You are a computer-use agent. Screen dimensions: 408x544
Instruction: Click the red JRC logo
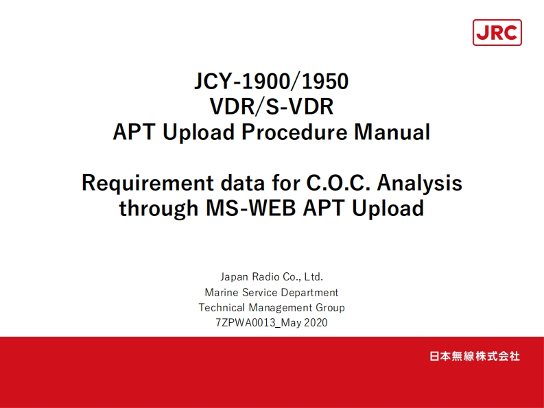click(497, 33)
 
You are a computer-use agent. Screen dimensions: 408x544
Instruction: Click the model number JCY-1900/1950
click(272, 82)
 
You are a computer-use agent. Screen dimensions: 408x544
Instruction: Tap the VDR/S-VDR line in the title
click(272, 107)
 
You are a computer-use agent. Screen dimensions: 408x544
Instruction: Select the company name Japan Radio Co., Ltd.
click(272, 277)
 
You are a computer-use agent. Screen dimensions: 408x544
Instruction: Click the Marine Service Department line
click(272, 292)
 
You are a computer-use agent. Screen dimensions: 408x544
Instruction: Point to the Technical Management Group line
click(272, 307)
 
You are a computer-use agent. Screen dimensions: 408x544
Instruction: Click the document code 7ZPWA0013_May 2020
click(272, 322)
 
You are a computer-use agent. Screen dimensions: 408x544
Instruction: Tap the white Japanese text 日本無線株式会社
click(474, 357)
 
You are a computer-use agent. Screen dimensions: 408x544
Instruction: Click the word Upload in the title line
click(200, 132)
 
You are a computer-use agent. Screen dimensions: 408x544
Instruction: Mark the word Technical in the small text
click(222, 307)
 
